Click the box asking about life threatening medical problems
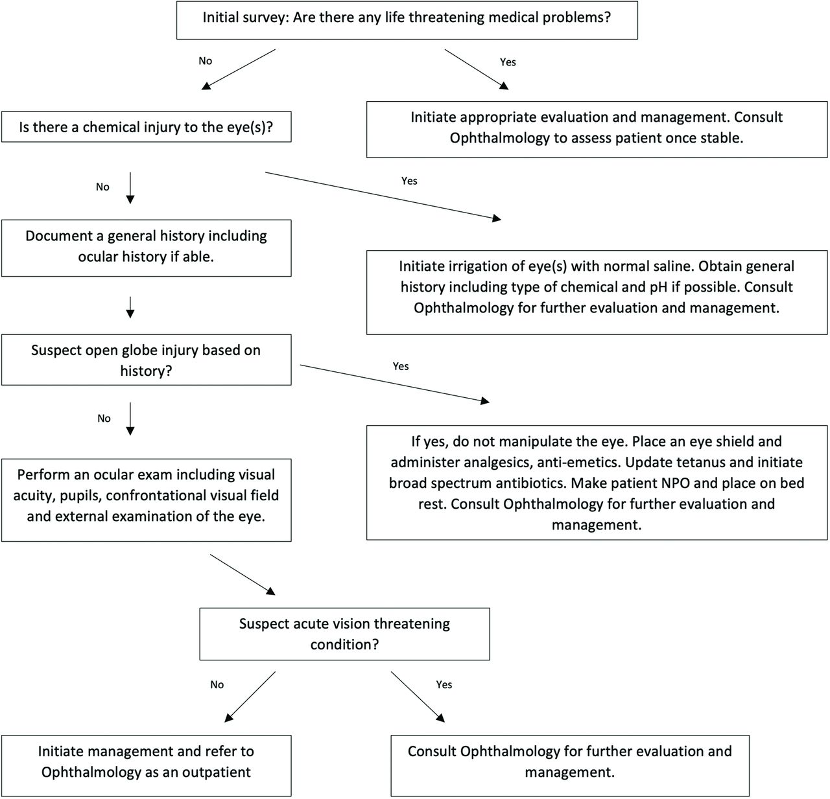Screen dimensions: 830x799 point(407,20)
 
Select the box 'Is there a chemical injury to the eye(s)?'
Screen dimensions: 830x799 point(147,126)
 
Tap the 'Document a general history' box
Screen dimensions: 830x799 point(147,248)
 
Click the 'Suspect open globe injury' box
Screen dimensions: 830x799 point(147,360)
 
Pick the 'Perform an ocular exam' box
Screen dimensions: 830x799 point(147,500)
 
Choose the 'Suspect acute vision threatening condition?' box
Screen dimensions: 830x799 point(344,634)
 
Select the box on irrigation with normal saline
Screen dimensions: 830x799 point(597,292)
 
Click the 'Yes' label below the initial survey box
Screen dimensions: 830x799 point(508,62)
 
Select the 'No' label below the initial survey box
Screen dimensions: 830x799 point(205,61)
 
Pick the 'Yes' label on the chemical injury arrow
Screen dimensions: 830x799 point(409,181)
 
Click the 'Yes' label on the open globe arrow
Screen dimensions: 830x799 point(401,367)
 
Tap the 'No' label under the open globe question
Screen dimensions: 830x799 point(104,419)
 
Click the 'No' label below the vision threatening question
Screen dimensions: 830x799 point(217,685)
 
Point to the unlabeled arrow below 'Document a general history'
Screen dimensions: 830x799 point(130,308)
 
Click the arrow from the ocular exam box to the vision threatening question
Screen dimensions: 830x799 point(243,574)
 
